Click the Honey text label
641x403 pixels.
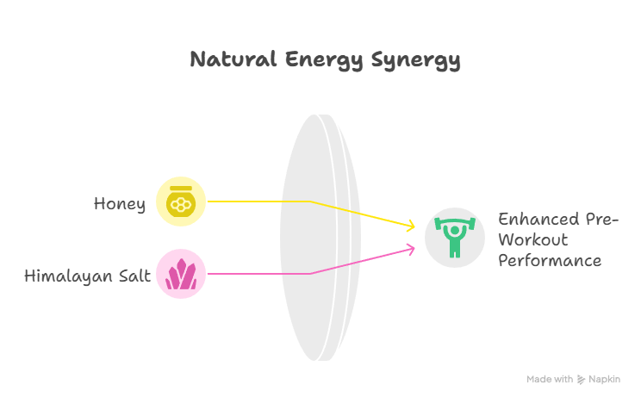(120, 204)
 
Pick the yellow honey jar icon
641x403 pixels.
(181, 202)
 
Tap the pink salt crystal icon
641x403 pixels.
(181, 274)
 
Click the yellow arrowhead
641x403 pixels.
(410, 226)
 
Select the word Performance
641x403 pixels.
(549, 260)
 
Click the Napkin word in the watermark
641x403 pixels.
(606, 380)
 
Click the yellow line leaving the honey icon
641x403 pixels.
(258, 201)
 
